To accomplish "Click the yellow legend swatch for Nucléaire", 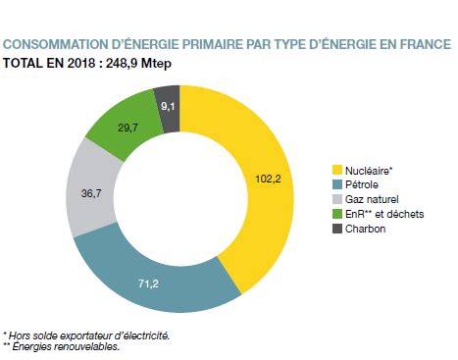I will click(x=337, y=170).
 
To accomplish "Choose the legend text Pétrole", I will click(x=364, y=184).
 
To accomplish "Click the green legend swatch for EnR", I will click(x=337, y=213).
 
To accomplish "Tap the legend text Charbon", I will click(x=367, y=228).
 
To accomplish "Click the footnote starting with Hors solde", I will click(x=88, y=335).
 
